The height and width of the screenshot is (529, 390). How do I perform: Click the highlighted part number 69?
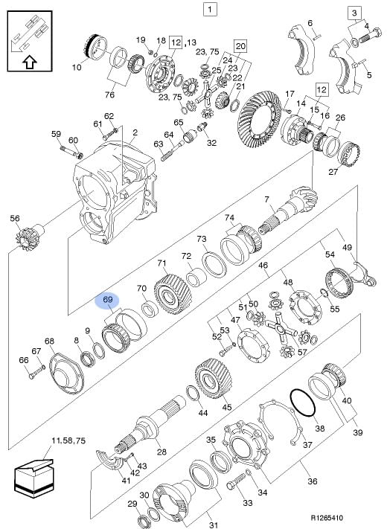tap(108, 300)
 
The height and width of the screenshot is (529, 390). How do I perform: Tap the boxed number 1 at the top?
tap(209, 9)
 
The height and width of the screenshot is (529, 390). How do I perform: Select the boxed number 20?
tap(240, 45)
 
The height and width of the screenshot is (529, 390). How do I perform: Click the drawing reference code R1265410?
tap(327, 518)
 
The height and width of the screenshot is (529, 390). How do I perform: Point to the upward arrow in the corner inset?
tap(30, 62)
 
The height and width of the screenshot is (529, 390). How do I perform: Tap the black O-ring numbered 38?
tap(303, 403)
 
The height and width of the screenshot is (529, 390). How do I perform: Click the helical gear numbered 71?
tap(173, 295)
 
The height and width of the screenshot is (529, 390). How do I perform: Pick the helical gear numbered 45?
tap(213, 379)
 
